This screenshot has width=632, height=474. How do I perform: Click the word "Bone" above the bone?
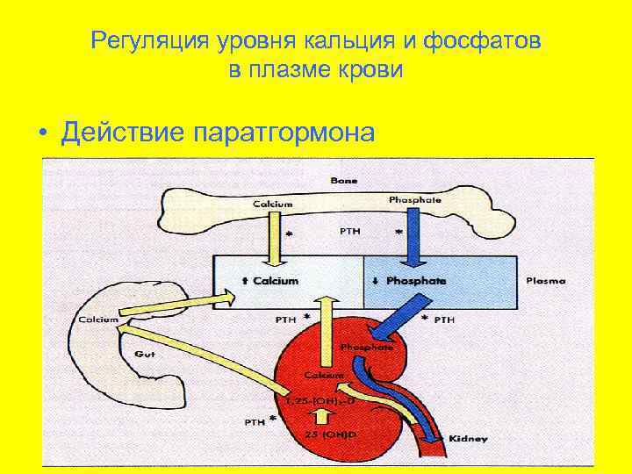[x=344, y=180]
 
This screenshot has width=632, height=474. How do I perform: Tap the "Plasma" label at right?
[x=545, y=282]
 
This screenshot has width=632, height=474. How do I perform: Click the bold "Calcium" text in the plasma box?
[x=276, y=281]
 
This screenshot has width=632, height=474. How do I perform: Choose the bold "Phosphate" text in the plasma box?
[x=415, y=281]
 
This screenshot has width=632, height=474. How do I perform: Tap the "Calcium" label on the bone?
[x=273, y=204]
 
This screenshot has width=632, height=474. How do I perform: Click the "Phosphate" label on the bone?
[x=414, y=200]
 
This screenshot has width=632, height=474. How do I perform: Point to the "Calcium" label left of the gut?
[x=97, y=320]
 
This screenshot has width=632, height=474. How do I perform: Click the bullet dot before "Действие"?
[x=41, y=134]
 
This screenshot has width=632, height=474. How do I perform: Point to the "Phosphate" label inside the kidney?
[x=372, y=347]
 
